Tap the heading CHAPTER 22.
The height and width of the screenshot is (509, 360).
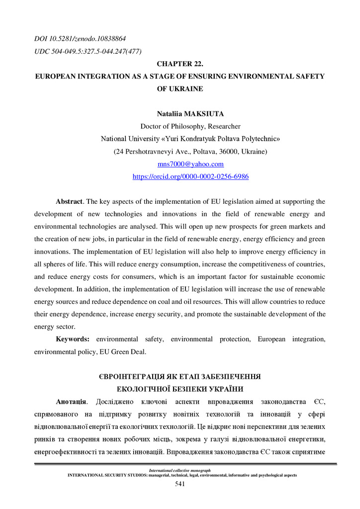click(180, 64)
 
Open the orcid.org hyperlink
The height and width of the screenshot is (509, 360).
click(190, 176)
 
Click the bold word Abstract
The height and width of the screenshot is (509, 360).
click(69, 202)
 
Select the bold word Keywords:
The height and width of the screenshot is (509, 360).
click(73, 339)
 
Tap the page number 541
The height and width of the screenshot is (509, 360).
click(180, 484)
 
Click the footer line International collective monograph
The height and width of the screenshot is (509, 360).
click(180, 470)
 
